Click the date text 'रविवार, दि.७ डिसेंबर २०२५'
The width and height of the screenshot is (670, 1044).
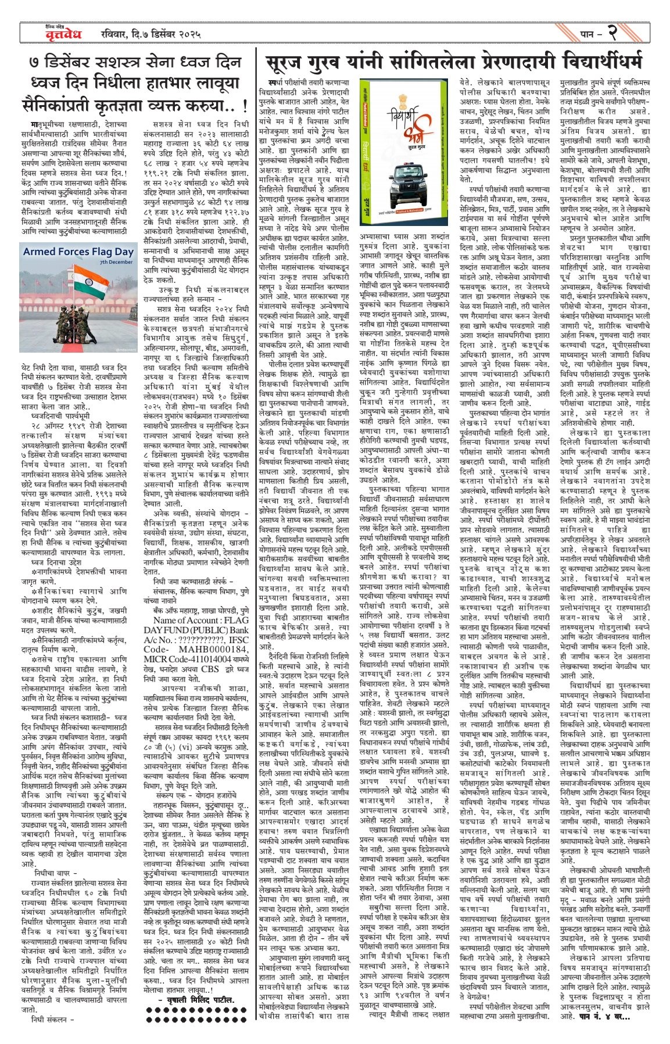150,34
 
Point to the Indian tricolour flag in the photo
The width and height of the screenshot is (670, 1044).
69,285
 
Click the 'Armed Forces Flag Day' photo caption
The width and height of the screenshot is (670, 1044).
78,252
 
